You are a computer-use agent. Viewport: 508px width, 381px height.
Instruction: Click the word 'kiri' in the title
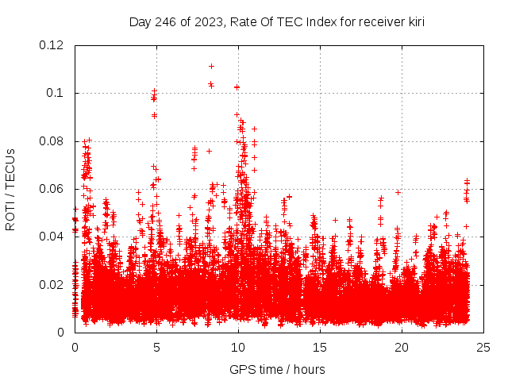coord(414,22)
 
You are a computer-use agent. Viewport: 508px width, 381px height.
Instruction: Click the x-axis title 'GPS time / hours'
coord(277,369)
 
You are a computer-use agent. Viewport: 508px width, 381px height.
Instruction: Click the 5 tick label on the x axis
coord(156,347)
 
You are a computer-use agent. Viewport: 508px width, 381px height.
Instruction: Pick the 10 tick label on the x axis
coord(238,347)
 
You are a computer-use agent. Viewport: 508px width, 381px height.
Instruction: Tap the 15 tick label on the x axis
coord(320,347)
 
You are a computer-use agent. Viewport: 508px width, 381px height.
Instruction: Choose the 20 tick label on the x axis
coord(402,347)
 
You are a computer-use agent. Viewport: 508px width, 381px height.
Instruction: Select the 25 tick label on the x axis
coord(483,347)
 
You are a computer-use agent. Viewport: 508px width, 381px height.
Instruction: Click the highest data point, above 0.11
coord(211,66)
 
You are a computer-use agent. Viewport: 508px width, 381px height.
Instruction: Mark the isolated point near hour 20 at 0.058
coord(398,192)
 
